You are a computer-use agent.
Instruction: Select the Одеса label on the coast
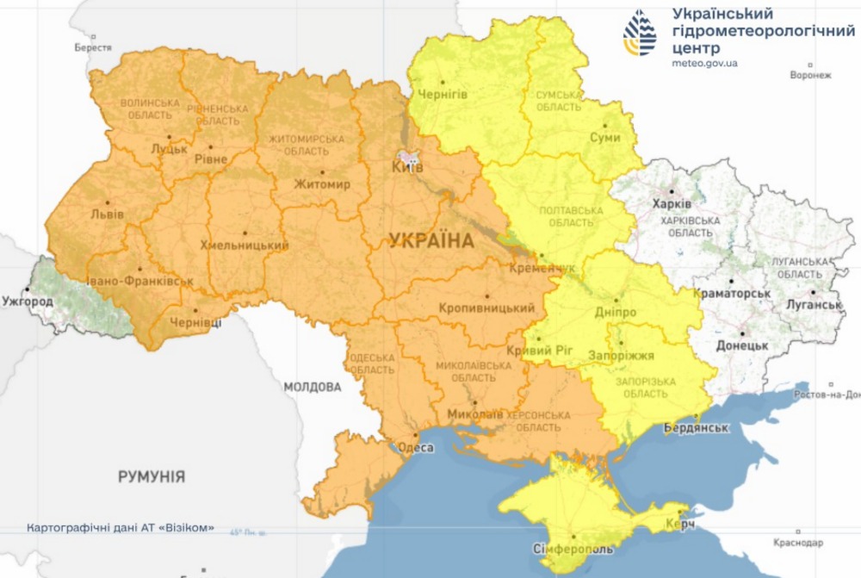coord(415,447)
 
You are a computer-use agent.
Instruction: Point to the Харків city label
coord(672,204)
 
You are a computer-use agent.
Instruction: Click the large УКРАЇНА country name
coord(430,240)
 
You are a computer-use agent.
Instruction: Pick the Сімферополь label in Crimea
coord(573,549)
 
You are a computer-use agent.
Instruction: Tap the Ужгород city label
coord(28,301)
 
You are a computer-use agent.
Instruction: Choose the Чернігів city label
coord(443,95)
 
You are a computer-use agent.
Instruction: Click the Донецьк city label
coord(741,345)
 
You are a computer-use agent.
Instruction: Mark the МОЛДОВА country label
coord(313,387)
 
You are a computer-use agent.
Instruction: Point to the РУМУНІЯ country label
coord(152,475)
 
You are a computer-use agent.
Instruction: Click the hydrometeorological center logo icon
coord(640,34)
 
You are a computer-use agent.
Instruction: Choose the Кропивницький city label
coord(486,308)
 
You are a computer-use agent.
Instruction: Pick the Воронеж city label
coord(810,75)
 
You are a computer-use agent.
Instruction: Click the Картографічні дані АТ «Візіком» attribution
coord(121,528)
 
